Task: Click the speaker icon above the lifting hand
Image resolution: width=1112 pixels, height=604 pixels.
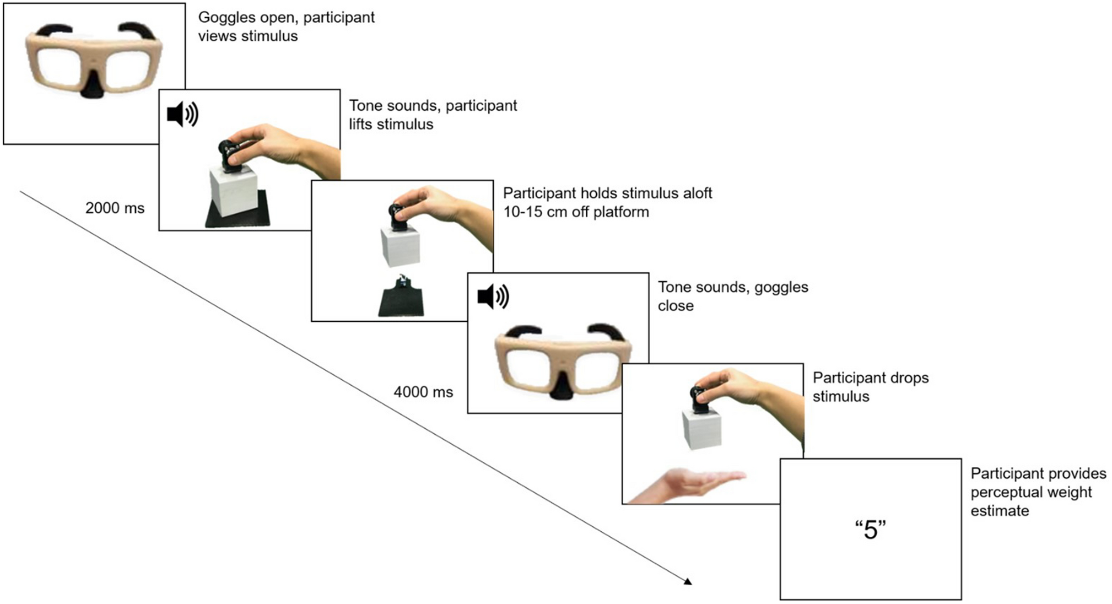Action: click(182, 115)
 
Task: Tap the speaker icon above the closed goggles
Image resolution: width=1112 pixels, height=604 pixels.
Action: click(493, 297)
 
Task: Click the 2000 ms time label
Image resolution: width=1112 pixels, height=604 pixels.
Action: click(115, 208)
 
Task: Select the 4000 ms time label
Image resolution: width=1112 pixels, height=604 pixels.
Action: click(423, 392)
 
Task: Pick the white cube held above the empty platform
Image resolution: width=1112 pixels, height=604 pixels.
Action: click(401, 246)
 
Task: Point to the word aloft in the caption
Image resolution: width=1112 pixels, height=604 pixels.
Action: click(692, 193)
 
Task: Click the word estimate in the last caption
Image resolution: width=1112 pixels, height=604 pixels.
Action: click(1000, 511)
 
